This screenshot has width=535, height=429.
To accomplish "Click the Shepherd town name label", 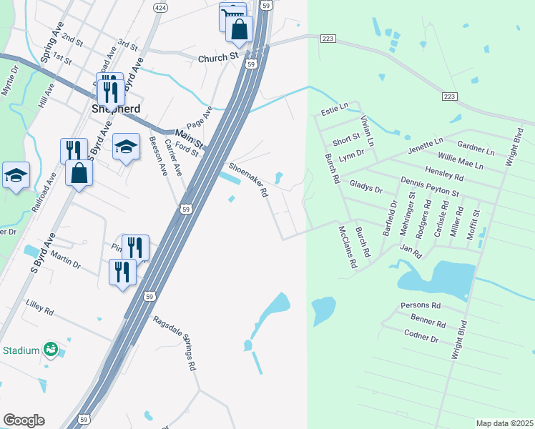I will coord(115,109).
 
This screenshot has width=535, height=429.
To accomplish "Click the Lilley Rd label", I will coord(39,308).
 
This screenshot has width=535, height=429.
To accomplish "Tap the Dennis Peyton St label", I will coord(429,188).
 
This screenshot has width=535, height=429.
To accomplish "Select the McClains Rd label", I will coord(347,247).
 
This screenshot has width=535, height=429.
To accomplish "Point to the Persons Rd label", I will coord(421,305).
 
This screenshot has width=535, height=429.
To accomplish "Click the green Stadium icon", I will coord(50,350).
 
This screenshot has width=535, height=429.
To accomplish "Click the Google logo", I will coord(24,420).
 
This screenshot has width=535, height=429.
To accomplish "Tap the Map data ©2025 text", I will coord(504,423).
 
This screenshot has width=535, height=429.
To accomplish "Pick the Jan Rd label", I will coord(411,251).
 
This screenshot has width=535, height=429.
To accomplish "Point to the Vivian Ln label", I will coord(366,131).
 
